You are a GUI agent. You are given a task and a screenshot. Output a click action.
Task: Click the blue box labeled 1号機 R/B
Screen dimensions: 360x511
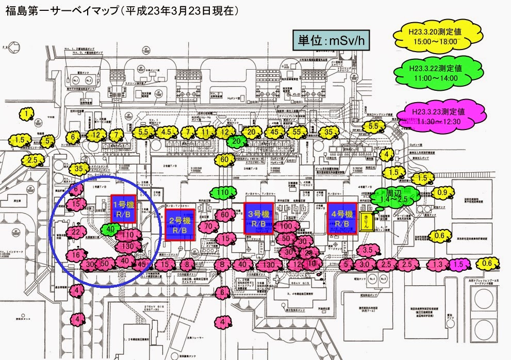pyautogui.click(x=123, y=208)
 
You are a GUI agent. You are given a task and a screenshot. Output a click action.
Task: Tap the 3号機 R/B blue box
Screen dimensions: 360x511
pyautogui.click(x=258, y=218)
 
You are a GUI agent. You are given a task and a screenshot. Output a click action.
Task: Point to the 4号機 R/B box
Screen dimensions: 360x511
pyautogui.click(x=342, y=218)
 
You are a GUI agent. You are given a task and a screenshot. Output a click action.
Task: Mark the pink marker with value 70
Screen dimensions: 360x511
pyautogui.click(x=208, y=226)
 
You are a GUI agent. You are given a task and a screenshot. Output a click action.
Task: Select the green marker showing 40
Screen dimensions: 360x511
pyautogui.click(x=110, y=229)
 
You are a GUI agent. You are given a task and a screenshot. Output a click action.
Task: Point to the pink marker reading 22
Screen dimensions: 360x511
pyautogui.click(x=76, y=233)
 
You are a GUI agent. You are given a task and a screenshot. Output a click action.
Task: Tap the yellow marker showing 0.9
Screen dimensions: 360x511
pyautogui.click(x=442, y=193)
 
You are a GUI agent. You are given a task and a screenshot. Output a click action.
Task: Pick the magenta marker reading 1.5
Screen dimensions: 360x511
pyautogui.click(x=459, y=265)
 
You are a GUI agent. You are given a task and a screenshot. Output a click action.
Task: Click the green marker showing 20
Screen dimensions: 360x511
pyautogui.click(x=236, y=140)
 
